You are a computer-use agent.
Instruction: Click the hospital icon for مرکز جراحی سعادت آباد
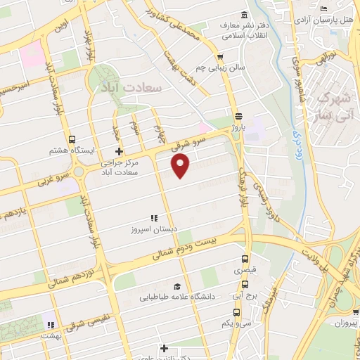point(120,150)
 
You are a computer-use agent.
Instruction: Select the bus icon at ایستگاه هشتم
point(73,139)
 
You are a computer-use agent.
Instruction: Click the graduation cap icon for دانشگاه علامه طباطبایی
point(177,287)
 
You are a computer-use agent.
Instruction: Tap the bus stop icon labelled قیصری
point(245,257)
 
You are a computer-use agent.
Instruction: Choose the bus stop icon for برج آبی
point(244,284)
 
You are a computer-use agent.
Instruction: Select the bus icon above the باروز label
point(239,116)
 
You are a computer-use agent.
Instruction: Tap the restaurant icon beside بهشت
point(50,325)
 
